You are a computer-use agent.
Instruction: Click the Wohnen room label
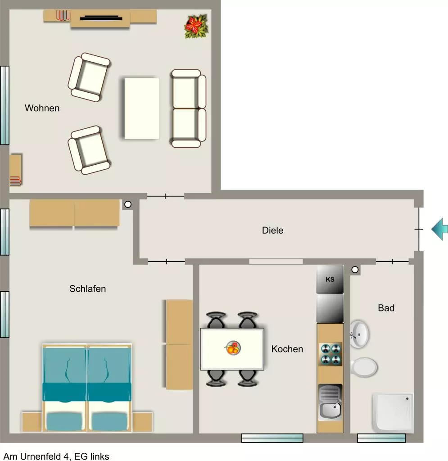tap(42, 108)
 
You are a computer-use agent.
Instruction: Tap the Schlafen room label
tap(88, 289)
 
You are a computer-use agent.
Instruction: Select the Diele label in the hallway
tap(272, 230)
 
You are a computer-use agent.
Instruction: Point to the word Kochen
tap(287, 349)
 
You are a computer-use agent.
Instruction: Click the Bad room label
tap(386, 308)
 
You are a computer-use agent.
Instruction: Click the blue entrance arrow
tap(440, 229)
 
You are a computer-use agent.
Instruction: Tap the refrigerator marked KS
tap(330, 279)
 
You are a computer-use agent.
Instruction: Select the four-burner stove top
tap(330, 354)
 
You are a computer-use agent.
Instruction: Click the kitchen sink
tap(330, 402)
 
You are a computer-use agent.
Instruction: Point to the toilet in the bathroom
tap(364, 367)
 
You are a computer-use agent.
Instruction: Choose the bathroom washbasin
tap(359, 334)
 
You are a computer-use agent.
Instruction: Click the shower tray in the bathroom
tap(393, 412)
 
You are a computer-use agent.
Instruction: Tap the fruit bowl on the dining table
tap(233, 348)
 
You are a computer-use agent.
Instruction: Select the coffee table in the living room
tap(142, 108)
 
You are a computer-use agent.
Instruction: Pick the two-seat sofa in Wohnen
tap(189, 108)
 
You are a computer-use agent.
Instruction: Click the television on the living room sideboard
tap(101, 18)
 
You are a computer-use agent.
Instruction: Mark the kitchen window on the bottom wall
tap(272, 438)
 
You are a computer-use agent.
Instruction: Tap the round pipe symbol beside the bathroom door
tap(355, 270)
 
